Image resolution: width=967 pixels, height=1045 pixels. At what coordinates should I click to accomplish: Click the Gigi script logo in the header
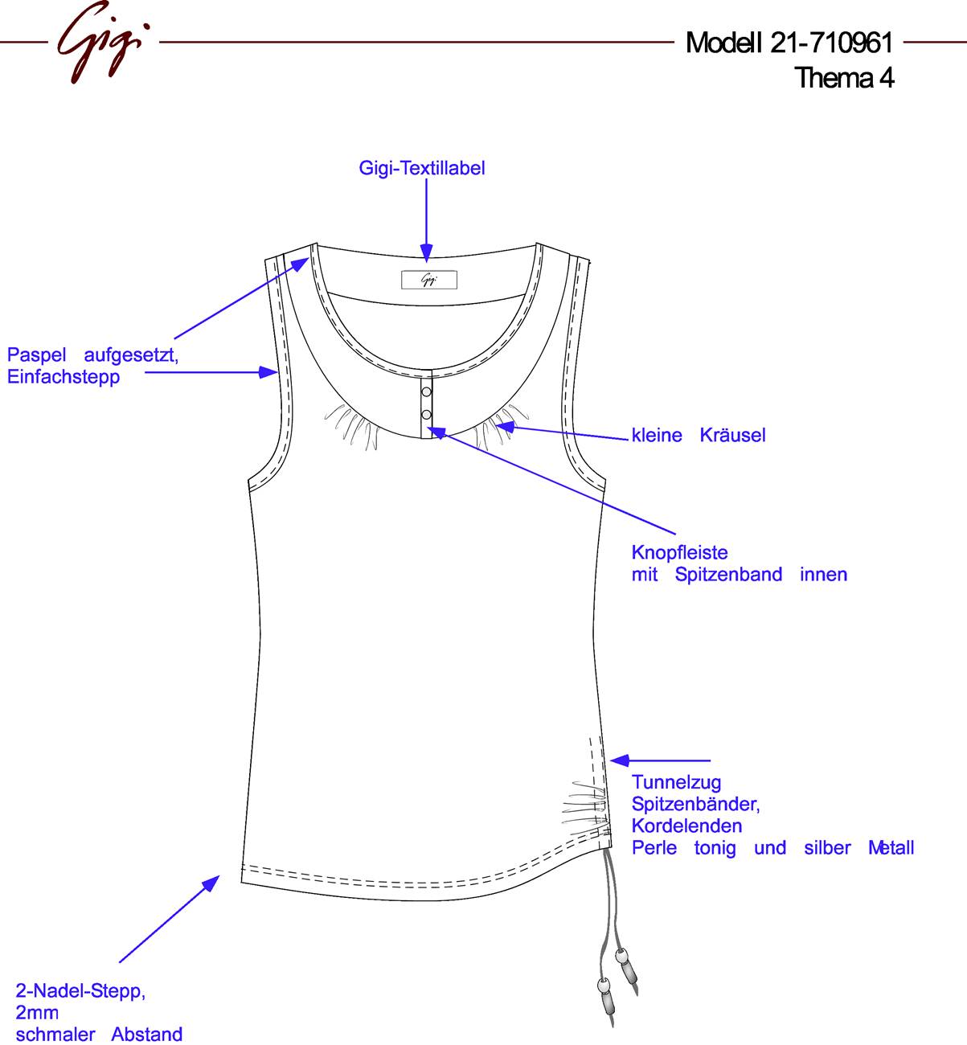click(x=103, y=42)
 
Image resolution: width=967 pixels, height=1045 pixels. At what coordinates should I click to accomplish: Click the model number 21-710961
click(x=832, y=43)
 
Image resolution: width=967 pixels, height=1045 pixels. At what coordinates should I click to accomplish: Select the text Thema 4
click(x=844, y=78)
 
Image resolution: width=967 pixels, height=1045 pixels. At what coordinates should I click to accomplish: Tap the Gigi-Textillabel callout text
click(x=422, y=168)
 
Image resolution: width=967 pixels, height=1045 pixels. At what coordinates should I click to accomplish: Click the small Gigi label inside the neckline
click(x=429, y=280)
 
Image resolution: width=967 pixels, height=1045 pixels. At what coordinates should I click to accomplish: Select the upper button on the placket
click(x=426, y=392)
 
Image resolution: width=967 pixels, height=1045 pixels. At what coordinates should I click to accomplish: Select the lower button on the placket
click(x=426, y=415)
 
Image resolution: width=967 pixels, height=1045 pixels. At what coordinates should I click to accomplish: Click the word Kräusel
click(x=732, y=435)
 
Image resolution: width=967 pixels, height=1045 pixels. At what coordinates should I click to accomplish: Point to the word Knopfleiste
click(x=679, y=552)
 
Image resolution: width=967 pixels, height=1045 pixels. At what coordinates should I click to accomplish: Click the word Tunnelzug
click(x=677, y=782)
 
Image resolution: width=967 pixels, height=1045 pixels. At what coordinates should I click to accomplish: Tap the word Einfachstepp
click(x=64, y=377)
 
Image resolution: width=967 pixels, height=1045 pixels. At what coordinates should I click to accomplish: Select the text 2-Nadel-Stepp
click(x=80, y=991)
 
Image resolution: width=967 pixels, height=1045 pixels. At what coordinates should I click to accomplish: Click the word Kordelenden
click(x=687, y=826)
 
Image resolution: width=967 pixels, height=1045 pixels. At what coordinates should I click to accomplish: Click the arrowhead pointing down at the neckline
click(x=426, y=252)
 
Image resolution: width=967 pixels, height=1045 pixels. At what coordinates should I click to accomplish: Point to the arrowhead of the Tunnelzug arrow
click(x=620, y=760)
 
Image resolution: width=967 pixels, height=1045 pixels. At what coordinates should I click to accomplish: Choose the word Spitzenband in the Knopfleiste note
click(x=728, y=575)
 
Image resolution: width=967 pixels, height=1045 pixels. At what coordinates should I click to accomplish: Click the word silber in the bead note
click(x=827, y=848)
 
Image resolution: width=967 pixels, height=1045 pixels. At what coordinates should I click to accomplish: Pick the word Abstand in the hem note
click(x=147, y=1034)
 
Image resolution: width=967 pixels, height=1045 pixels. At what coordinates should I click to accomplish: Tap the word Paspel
click(x=36, y=355)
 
